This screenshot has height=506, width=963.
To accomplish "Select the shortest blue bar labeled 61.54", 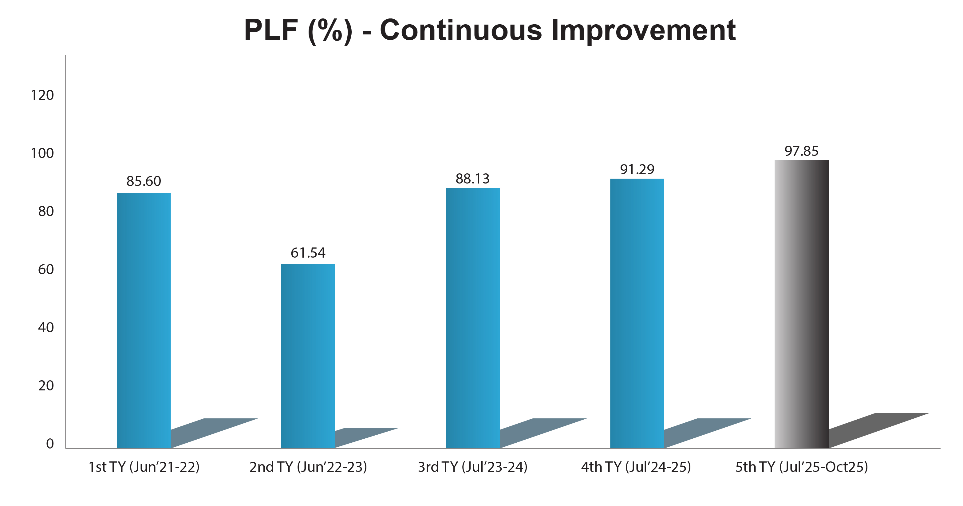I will [308, 356].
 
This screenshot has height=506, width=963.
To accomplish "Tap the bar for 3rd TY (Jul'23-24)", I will [472, 318].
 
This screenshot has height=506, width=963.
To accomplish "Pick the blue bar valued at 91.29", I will [637, 313].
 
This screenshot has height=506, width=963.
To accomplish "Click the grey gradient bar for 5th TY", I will [802, 304].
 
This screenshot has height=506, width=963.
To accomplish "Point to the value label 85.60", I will [144, 181].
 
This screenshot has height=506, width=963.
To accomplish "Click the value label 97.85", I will [802, 151].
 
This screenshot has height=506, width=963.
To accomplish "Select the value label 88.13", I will [472, 179].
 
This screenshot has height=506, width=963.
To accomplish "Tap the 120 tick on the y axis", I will [42, 95].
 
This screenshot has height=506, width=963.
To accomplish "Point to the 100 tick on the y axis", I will [42, 153].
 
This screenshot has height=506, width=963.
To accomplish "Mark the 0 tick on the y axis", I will [50, 444].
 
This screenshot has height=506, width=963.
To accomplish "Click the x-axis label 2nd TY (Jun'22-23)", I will [308, 467].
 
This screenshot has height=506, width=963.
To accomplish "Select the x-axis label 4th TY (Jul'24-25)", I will [636, 467].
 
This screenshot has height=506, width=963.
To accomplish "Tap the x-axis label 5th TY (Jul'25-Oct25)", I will [802, 467].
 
